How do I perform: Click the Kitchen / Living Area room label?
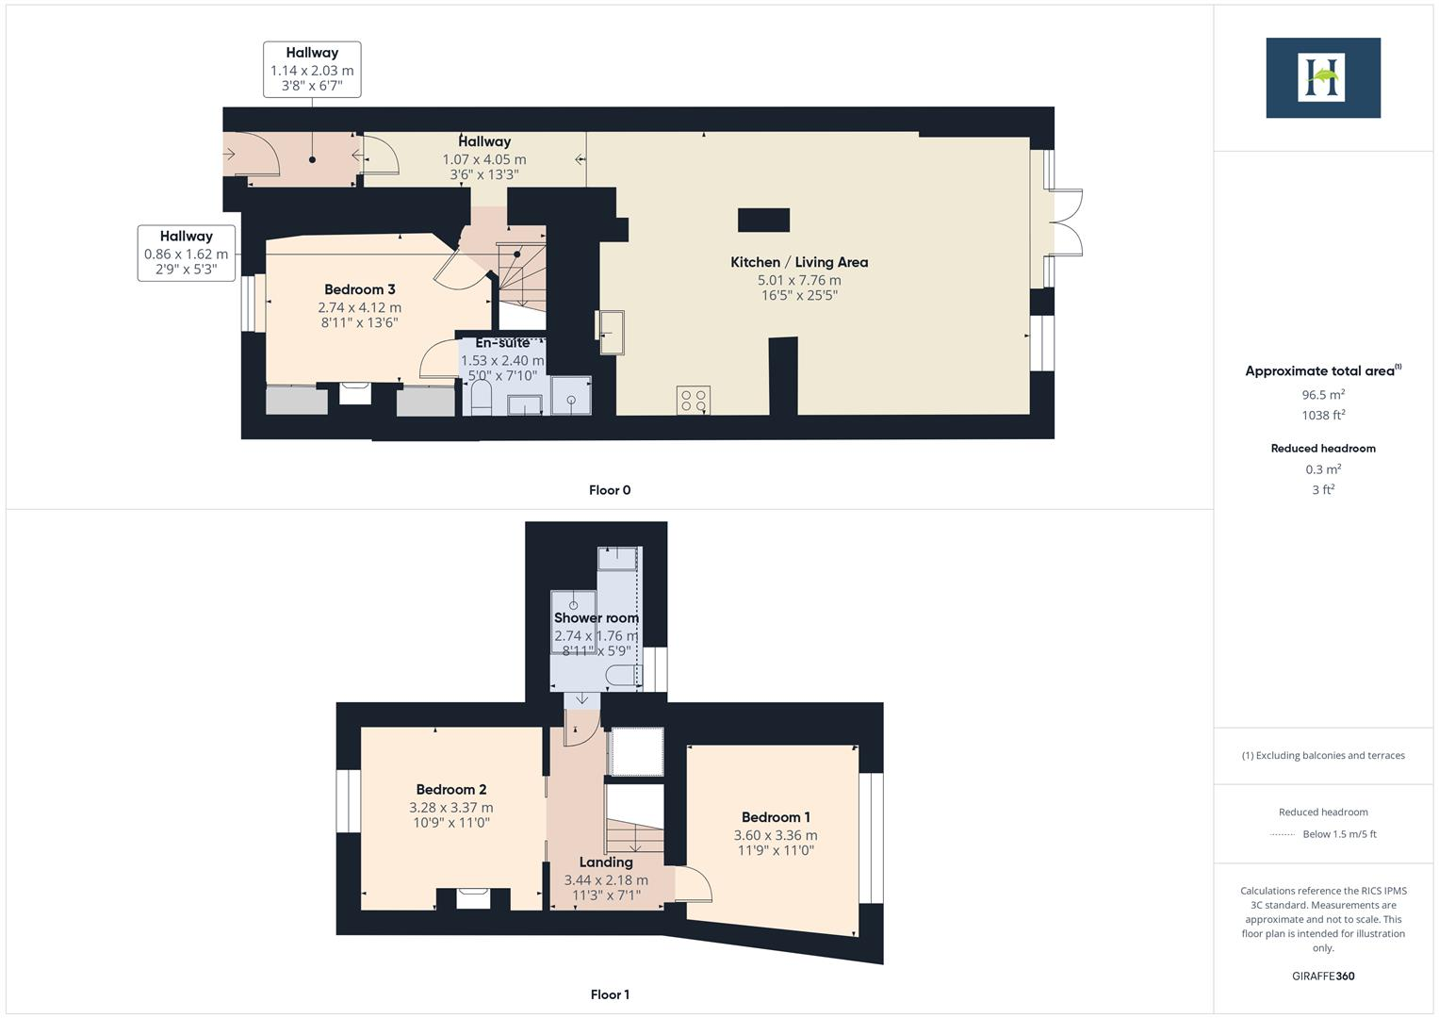tap(799, 262)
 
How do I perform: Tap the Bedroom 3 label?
tap(359, 289)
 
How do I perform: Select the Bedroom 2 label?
tap(451, 790)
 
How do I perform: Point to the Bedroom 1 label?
tap(776, 817)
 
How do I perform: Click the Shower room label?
tap(596, 618)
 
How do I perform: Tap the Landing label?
tap(606, 862)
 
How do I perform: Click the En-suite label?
tap(502, 343)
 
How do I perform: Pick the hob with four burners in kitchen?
tap(694, 401)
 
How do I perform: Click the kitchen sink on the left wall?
tap(611, 332)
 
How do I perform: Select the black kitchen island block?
tap(763, 221)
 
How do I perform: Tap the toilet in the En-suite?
tap(480, 399)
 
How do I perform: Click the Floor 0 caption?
tap(610, 490)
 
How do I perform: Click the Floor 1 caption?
tap(610, 994)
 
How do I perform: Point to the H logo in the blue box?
tap(1322, 77)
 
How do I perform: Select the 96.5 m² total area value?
tap(1323, 395)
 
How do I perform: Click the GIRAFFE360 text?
tap(1323, 976)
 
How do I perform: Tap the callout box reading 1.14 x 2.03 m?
tap(312, 70)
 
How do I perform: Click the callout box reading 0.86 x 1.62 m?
tap(186, 253)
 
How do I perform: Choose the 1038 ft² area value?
tap(1323, 416)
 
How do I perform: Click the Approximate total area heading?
tap(1322, 371)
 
